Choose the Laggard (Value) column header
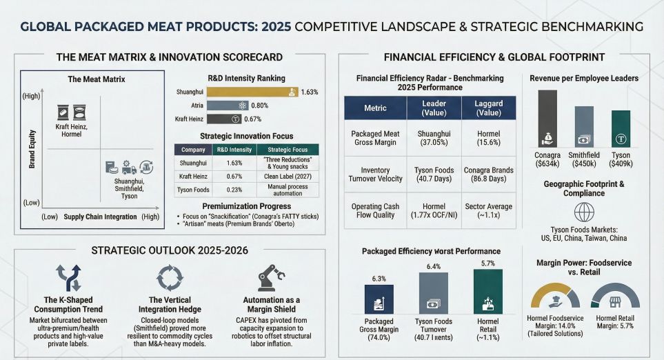[x=487, y=108]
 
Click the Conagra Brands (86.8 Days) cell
[x=487, y=175]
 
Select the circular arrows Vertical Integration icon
[x=170, y=278]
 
